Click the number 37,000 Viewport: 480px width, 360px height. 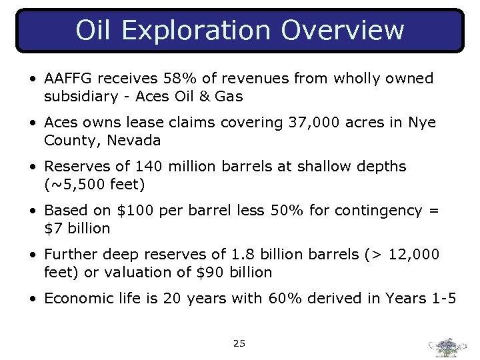coord(315,123)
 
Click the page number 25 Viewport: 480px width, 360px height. coord(239,343)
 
